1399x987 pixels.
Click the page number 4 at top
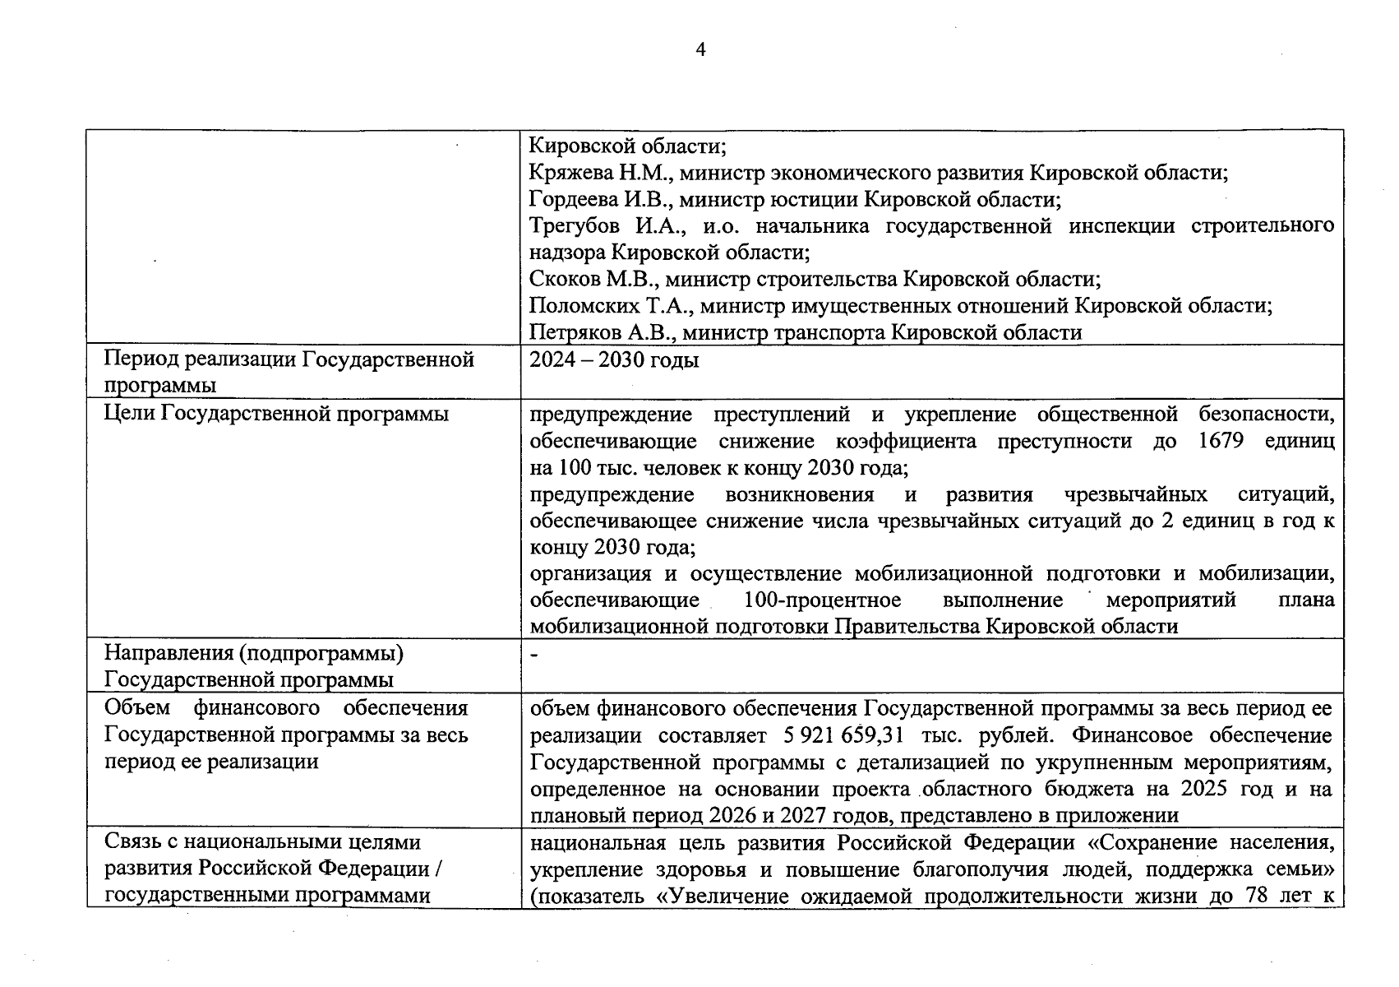[700, 50]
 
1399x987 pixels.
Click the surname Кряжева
[566, 174]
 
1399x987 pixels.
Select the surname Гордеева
[568, 200]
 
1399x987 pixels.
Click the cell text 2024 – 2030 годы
[614, 360]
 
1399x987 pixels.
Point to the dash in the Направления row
[534, 655]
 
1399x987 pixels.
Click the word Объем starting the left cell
[136, 708]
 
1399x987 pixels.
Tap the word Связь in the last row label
[135, 842]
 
